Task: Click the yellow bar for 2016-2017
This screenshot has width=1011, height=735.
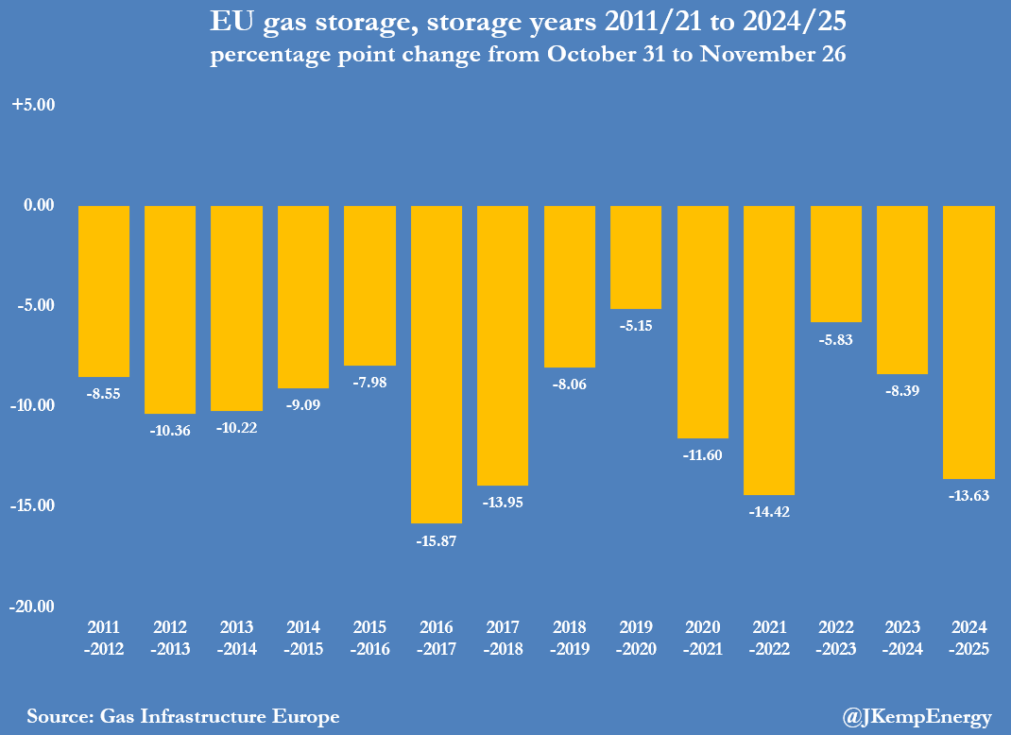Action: [x=437, y=364]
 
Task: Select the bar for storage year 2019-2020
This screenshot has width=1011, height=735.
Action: [x=636, y=257]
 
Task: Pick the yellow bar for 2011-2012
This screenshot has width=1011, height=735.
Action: [x=104, y=291]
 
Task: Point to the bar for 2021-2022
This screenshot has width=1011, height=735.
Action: [x=769, y=350]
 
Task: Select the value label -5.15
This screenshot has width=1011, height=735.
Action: [x=636, y=326]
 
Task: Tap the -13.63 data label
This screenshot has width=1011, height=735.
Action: [x=969, y=496]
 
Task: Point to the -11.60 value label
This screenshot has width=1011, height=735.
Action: [x=703, y=455]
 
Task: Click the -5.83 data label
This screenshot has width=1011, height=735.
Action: [x=836, y=340]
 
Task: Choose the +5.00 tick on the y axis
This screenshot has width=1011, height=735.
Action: [x=34, y=105]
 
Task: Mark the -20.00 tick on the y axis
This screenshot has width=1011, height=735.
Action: [x=33, y=606]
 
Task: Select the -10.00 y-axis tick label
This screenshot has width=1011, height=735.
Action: [x=33, y=405]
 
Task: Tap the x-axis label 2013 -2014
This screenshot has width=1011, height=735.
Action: [x=236, y=638]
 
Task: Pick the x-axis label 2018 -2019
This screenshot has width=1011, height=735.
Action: [x=570, y=638]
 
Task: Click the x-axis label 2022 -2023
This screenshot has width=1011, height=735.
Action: [x=836, y=638]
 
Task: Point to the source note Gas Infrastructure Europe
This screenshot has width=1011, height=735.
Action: [x=182, y=716]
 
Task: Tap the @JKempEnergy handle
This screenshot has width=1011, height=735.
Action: [x=917, y=717]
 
